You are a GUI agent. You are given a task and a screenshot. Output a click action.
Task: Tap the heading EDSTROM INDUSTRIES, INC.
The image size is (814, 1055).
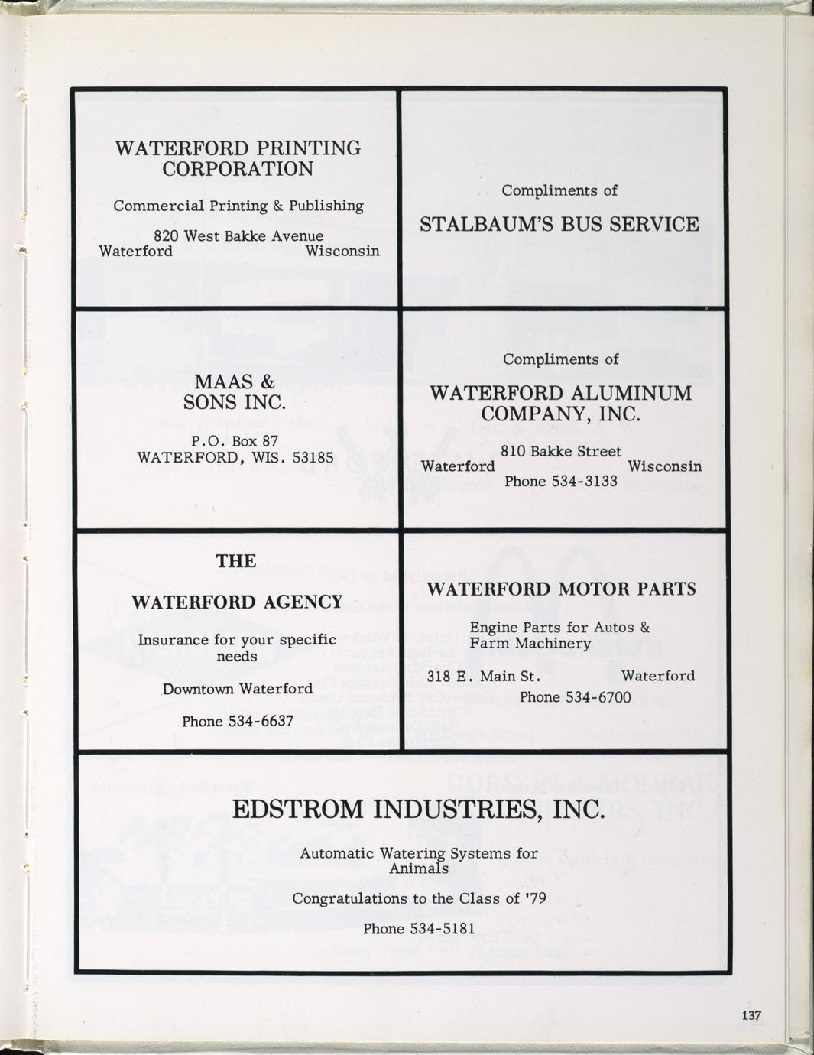click(418, 809)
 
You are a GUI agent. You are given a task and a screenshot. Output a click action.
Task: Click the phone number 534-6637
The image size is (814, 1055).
click(261, 721)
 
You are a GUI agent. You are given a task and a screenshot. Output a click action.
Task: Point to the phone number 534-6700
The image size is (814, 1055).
click(598, 696)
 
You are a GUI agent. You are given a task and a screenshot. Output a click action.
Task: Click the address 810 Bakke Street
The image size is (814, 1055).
click(561, 451)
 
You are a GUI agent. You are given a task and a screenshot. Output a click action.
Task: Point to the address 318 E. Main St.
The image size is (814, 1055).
click(484, 676)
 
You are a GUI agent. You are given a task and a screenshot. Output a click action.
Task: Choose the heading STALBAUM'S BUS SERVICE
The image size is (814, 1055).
click(559, 224)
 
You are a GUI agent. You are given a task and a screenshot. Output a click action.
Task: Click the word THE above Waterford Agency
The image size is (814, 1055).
click(236, 561)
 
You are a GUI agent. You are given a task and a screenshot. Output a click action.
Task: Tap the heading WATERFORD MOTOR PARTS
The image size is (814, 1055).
click(561, 589)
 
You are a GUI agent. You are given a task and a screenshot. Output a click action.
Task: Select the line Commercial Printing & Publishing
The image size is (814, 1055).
click(238, 206)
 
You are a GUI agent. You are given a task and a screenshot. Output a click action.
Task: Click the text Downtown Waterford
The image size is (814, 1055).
click(238, 688)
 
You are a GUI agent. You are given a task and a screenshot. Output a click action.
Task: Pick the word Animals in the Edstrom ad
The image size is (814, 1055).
click(419, 868)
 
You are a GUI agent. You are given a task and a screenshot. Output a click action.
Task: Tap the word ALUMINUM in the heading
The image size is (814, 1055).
click(625, 393)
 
